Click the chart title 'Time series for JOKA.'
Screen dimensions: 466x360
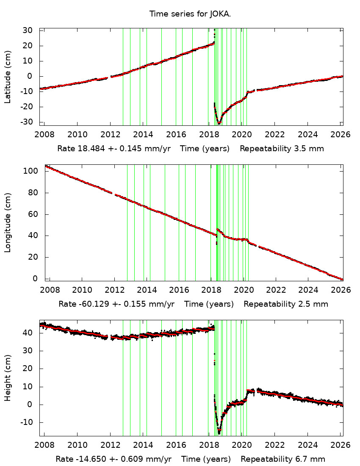tap(190, 14)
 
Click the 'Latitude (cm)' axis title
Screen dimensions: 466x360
tap(8, 77)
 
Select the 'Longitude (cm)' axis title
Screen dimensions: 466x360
tap(8, 223)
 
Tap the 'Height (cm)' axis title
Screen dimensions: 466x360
tap(8, 378)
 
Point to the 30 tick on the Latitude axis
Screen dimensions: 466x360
tap(28, 31)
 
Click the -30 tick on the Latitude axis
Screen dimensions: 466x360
tap(26, 122)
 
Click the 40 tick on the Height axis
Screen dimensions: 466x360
tap(28, 333)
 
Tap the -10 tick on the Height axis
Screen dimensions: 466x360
tap(26, 422)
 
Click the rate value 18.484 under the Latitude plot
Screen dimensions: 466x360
tap(87, 149)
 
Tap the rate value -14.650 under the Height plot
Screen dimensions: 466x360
tap(88, 459)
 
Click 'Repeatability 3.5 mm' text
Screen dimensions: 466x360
tap(282, 149)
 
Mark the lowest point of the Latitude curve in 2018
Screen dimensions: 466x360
tap(219, 123)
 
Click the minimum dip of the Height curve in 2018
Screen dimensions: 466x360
tap(219, 433)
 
